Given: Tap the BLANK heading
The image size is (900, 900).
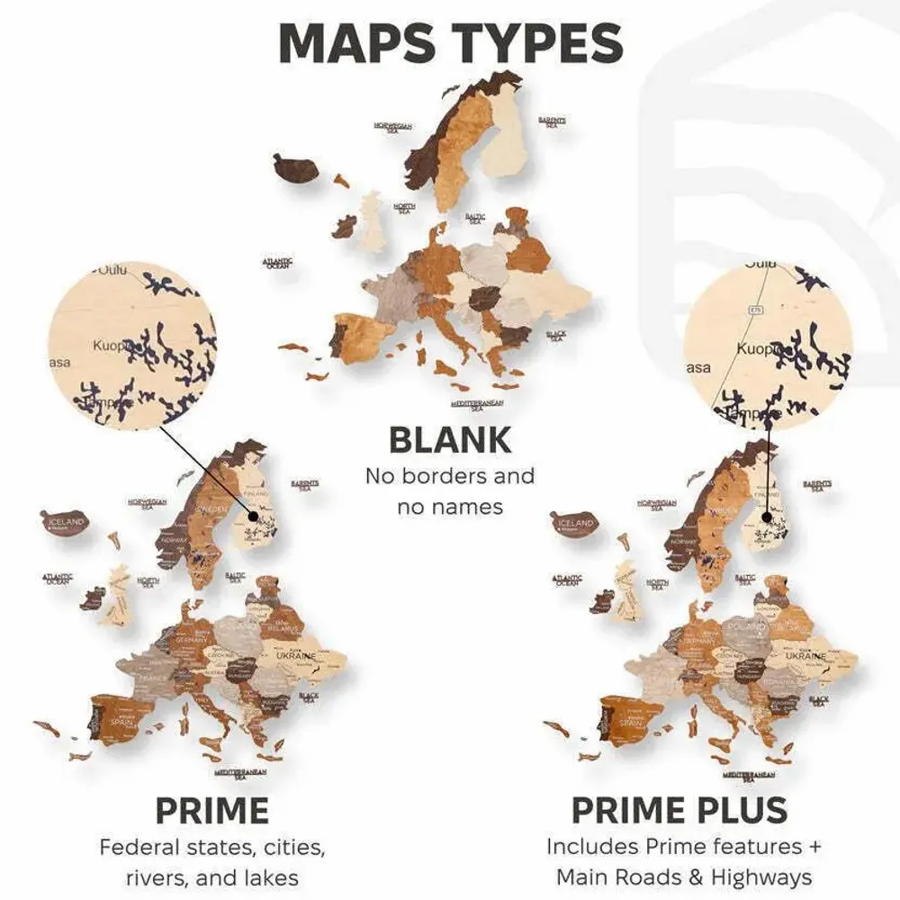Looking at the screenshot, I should click(449, 440).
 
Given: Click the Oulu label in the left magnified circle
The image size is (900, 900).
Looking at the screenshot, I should click(113, 270).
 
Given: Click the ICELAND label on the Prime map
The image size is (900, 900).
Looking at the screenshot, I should click(67, 522).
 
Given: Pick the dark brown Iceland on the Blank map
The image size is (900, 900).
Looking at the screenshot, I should click(298, 168).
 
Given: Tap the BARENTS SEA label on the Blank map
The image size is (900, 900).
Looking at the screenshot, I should click(553, 121).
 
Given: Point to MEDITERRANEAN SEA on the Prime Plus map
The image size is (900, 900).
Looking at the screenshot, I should click(750, 774).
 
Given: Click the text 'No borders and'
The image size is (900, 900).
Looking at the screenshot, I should click(449, 475).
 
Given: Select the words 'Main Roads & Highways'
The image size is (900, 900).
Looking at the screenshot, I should click(683, 877).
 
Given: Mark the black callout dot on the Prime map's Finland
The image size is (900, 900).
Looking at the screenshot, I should click(254, 517).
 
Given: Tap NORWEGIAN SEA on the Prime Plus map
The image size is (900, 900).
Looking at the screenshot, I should click(657, 504).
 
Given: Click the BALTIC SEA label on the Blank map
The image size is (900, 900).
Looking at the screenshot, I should click(475, 218).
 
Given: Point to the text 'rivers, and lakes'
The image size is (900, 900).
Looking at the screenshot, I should click(212, 877).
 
